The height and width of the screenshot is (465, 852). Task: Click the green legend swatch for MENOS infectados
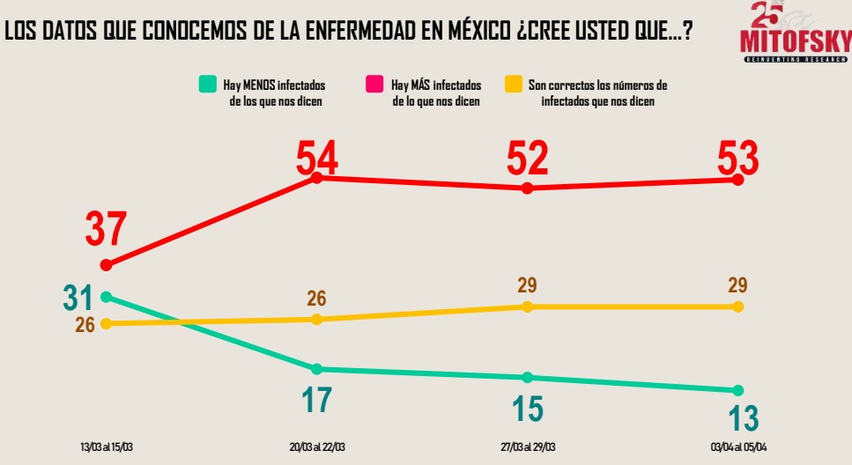pos(207,85)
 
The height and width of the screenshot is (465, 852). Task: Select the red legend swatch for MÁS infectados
pos(373,85)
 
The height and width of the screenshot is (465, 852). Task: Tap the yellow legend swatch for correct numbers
pos(511,85)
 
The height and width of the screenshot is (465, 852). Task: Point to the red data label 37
pos(107,230)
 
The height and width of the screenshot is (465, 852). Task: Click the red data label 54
pos(316,159)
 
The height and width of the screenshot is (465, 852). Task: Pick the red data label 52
pos(527,159)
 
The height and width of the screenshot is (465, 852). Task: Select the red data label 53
pos(737,159)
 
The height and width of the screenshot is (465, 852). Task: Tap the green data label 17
pos(316,400)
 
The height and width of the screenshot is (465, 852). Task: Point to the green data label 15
pos(527,409)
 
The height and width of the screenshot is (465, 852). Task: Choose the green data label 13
pos(737,418)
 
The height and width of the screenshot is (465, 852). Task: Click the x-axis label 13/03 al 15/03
pos(107,447)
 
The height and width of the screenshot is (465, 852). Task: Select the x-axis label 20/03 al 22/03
pos(316,447)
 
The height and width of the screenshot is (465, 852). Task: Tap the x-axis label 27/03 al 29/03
pos(527,447)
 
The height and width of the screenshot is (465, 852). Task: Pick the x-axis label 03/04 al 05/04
pos(737,447)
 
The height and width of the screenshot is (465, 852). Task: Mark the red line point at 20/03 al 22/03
pos(316,178)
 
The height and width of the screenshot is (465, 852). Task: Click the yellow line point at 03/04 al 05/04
pos(737,306)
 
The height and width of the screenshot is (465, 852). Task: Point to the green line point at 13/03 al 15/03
pos(107,296)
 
